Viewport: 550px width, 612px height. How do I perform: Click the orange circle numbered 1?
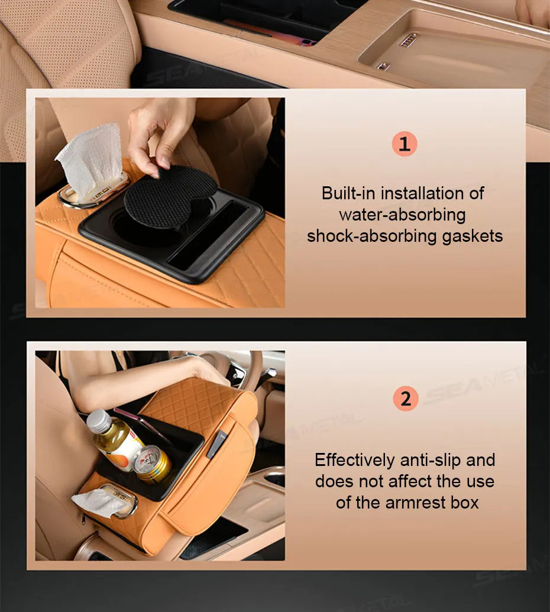(x=405, y=144)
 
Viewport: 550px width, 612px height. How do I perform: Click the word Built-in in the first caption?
(x=348, y=193)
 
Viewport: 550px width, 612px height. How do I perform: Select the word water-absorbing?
(x=402, y=214)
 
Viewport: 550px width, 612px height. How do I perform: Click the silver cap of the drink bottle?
(x=99, y=420)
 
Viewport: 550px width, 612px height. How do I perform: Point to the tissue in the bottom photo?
(x=98, y=503)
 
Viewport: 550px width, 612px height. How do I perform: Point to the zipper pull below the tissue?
(x=85, y=519)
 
